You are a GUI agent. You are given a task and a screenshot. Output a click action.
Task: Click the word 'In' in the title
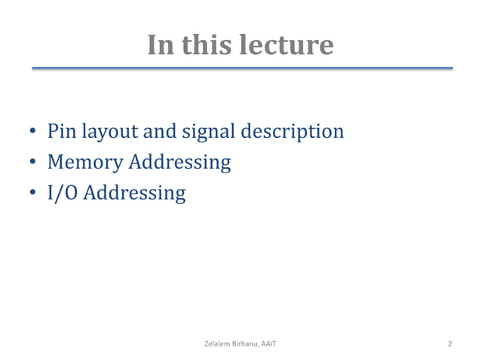pyautogui.click(x=160, y=45)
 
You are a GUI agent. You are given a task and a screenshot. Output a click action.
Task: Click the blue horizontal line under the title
pyautogui.click(x=241, y=69)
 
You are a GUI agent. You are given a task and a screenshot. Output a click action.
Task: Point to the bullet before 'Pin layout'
pyautogui.click(x=34, y=133)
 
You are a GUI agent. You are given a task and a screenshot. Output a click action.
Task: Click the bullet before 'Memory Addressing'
pyautogui.click(x=34, y=163)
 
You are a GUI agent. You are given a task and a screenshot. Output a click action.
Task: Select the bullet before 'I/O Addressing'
pyautogui.click(x=34, y=194)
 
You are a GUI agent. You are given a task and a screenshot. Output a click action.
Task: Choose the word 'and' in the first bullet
pyautogui.click(x=159, y=132)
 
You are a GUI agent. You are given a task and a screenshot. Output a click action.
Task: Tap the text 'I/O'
pyautogui.click(x=63, y=194)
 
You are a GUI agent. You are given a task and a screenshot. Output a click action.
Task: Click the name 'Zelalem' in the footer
pyautogui.click(x=219, y=344)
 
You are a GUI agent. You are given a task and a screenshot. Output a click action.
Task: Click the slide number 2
pyautogui.click(x=450, y=344)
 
